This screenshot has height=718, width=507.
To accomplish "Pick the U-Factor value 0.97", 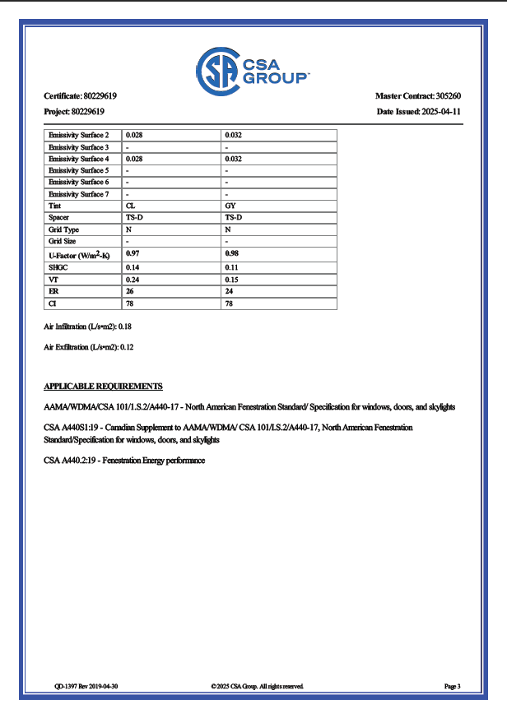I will coord(132,254).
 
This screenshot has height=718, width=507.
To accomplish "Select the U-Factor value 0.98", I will coord(232,254).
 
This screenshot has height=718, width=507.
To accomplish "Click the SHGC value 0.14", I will coord(132,267).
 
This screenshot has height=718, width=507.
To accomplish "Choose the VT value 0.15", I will coord(232,280).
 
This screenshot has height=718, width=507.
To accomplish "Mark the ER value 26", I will coord(129,291).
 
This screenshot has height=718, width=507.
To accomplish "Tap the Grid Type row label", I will coord(63,229).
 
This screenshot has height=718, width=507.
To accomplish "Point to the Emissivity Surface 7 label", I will coord(78,194).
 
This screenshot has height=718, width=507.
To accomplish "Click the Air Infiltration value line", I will coord(88,327).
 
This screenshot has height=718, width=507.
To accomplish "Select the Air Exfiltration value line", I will coord(88,348).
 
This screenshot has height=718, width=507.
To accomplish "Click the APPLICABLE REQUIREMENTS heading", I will coord(103,386).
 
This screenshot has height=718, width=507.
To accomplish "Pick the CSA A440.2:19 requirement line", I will coord(123,461).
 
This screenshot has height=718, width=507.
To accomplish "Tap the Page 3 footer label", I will coord(452,686).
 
